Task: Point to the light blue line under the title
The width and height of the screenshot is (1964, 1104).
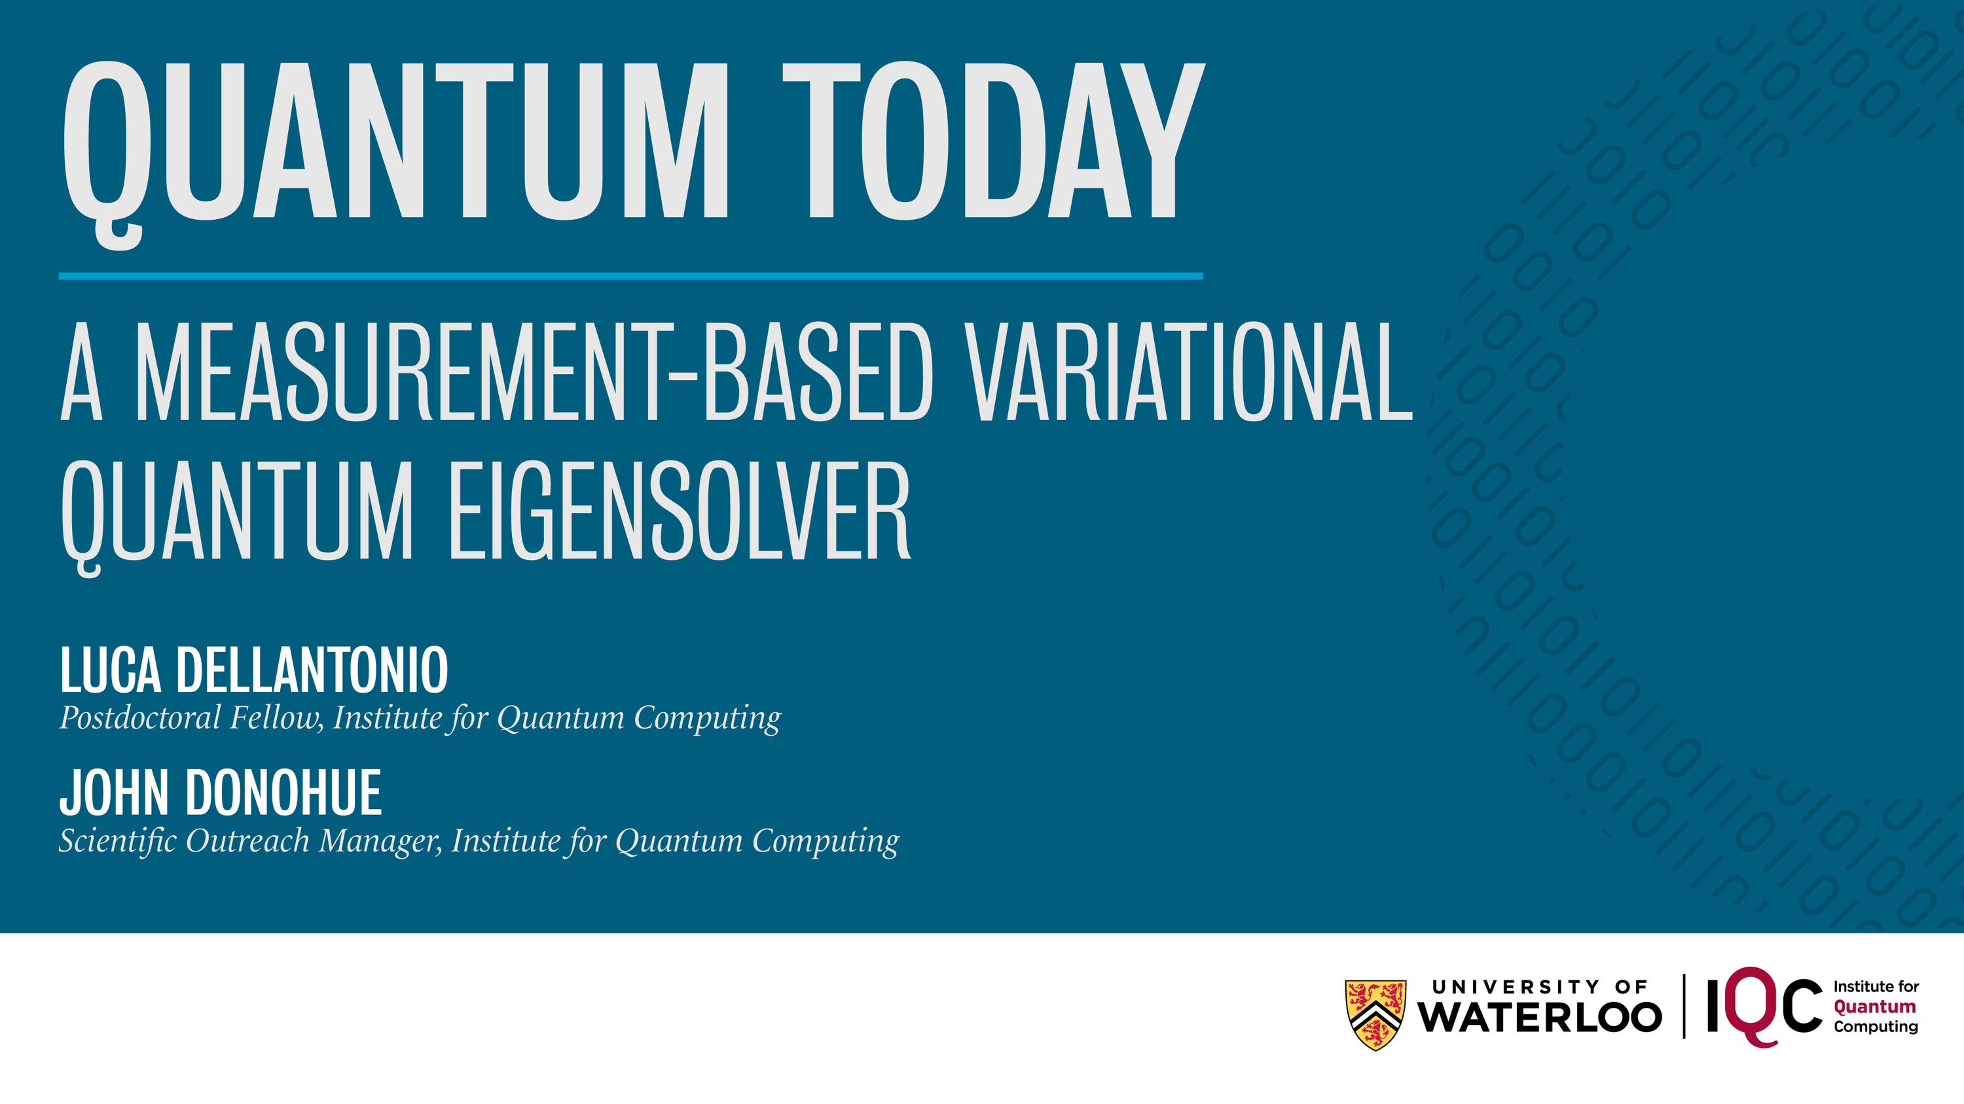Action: [x=630, y=276]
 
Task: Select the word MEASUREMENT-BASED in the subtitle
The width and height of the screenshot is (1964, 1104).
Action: [x=534, y=371]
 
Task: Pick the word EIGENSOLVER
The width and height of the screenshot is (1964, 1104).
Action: [x=680, y=511]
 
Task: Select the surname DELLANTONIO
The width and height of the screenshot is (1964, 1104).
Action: [x=312, y=670]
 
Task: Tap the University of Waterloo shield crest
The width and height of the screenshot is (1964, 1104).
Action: [x=1375, y=1015]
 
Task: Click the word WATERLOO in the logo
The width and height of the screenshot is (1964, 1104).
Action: [x=1539, y=1017]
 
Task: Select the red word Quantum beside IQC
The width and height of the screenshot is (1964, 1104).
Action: [x=1875, y=1007]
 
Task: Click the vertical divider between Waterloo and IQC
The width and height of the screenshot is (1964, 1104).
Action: [x=1684, y=1006]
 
